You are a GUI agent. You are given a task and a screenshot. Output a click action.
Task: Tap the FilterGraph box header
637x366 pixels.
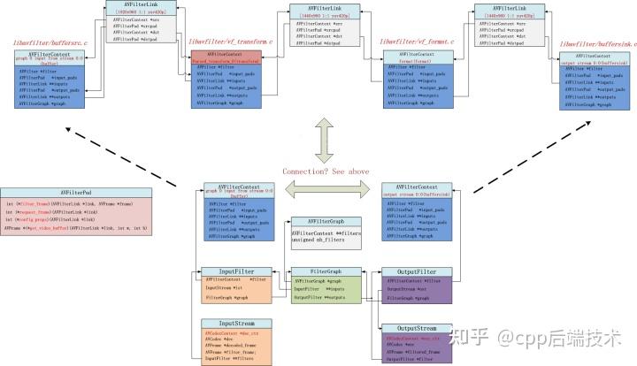(x=326, y=271)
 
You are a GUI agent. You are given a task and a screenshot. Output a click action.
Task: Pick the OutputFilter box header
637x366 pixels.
(x=415, y=271)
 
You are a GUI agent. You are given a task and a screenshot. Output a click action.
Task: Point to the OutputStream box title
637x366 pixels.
(x=416, y=328)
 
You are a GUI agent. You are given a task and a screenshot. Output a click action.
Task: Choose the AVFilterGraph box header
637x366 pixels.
(x=326, y=220)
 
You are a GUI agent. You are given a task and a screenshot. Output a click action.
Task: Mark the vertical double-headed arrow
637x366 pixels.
(x=324, y=141)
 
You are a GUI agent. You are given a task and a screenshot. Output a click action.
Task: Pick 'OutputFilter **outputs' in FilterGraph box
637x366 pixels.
(x=322, y=298)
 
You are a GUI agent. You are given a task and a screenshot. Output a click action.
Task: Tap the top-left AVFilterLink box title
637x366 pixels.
(x=143, y=6)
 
